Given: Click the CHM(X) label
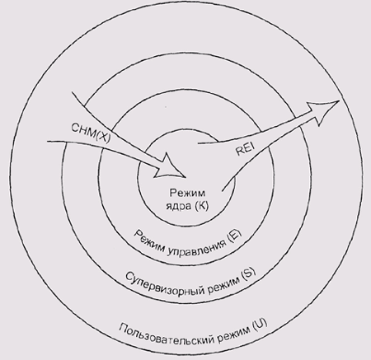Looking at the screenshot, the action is pyautogui.click(x=91, y=133).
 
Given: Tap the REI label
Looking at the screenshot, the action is pyautogui.click(x=246, y=150).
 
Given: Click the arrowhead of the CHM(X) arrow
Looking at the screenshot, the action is pyautogui.click(x=171, y=166).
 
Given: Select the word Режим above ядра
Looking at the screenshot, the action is pyautogui.click(x=187, y=193).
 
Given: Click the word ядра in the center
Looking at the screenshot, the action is pyautogui.click(x=179, y=206).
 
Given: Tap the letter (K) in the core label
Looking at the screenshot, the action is pyautogui.click(x=202, y=206).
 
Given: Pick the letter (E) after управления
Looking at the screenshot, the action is pyautogui.click(x=234, y=236).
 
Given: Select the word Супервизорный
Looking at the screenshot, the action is pyautogui.click(x=164, y=286).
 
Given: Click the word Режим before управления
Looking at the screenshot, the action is pyautogui.click(x=148, y=239).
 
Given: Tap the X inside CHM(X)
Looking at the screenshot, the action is pyautogui.click(x=102, y=136).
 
